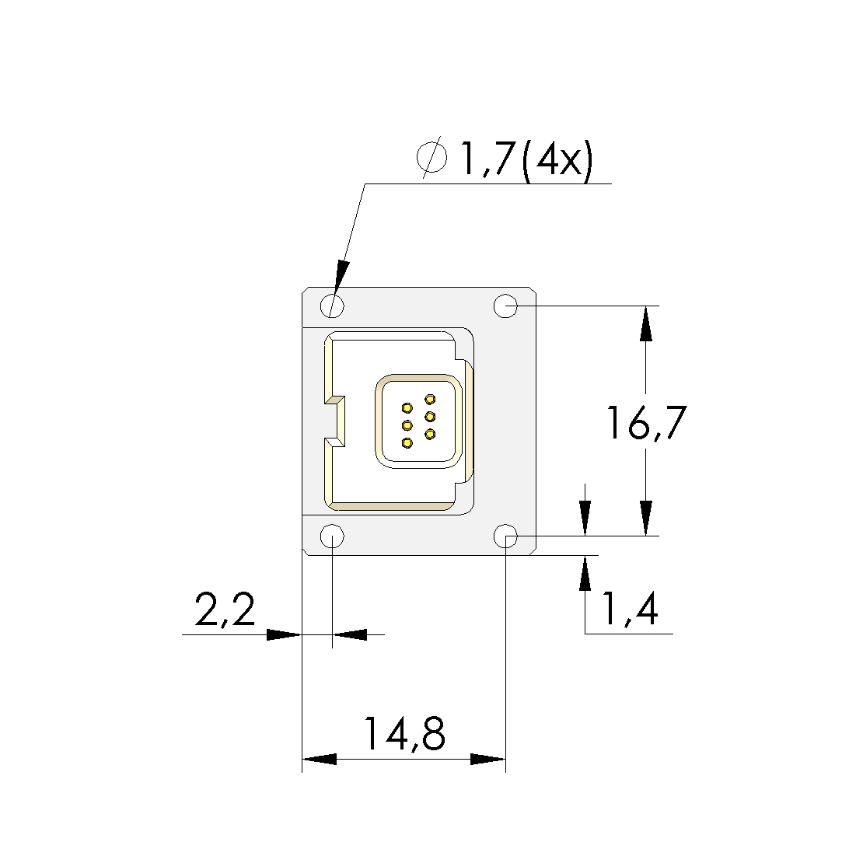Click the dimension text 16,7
(647, 424)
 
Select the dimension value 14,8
(404, 734)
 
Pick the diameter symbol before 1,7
(432, 158)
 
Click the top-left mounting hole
(333, 306)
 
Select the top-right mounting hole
(506, 306)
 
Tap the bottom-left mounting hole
(333, 536)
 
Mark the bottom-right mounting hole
(506, 536)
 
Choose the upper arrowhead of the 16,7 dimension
(645, 323)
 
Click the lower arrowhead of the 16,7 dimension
(645, 518)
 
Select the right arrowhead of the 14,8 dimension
(488, 759)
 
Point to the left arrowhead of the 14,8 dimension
(320, 759)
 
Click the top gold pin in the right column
(430, 400)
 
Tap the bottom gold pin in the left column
(407, 443)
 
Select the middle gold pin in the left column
(407, 425)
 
